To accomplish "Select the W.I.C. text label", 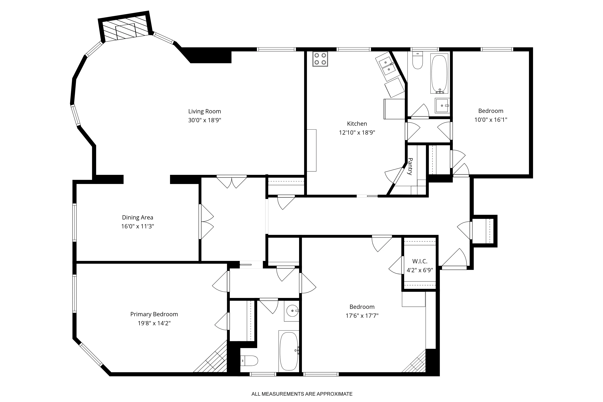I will pyautogui.click(x=420, y=261).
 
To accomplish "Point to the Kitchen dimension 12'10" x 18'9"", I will pyautogui.click(x=357, y=132).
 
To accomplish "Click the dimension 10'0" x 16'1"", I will pyautogui.click(x=491, y=120).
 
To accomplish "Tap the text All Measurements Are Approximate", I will pyautogui.click(x=302, y=394).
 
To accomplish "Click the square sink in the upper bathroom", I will pyautogui.click(x=442, y=105).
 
